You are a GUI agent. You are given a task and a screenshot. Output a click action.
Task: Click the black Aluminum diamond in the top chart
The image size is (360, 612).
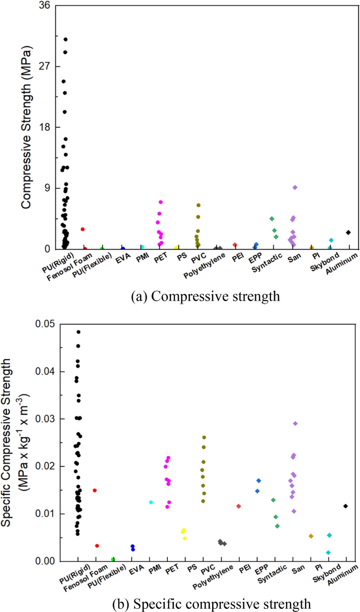pos(348,232)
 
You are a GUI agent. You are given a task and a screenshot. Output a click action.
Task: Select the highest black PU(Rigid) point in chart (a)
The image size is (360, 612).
pos(66,40)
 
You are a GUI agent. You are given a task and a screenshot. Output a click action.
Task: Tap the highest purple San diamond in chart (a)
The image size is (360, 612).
pos(295,187)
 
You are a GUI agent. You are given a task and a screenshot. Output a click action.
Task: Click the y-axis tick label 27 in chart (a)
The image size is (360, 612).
pos(45,67)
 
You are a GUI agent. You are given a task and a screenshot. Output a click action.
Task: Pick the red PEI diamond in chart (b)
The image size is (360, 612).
pos(238,506)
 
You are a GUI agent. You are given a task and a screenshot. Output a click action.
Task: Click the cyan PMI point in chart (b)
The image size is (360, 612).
pos(151,502)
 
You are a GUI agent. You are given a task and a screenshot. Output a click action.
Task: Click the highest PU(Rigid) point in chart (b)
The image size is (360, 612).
pos(78,332)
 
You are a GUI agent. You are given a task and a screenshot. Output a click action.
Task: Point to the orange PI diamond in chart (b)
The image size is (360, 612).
pos(310,536)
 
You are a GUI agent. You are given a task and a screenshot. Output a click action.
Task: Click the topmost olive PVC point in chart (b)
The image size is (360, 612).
pos(204,438)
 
